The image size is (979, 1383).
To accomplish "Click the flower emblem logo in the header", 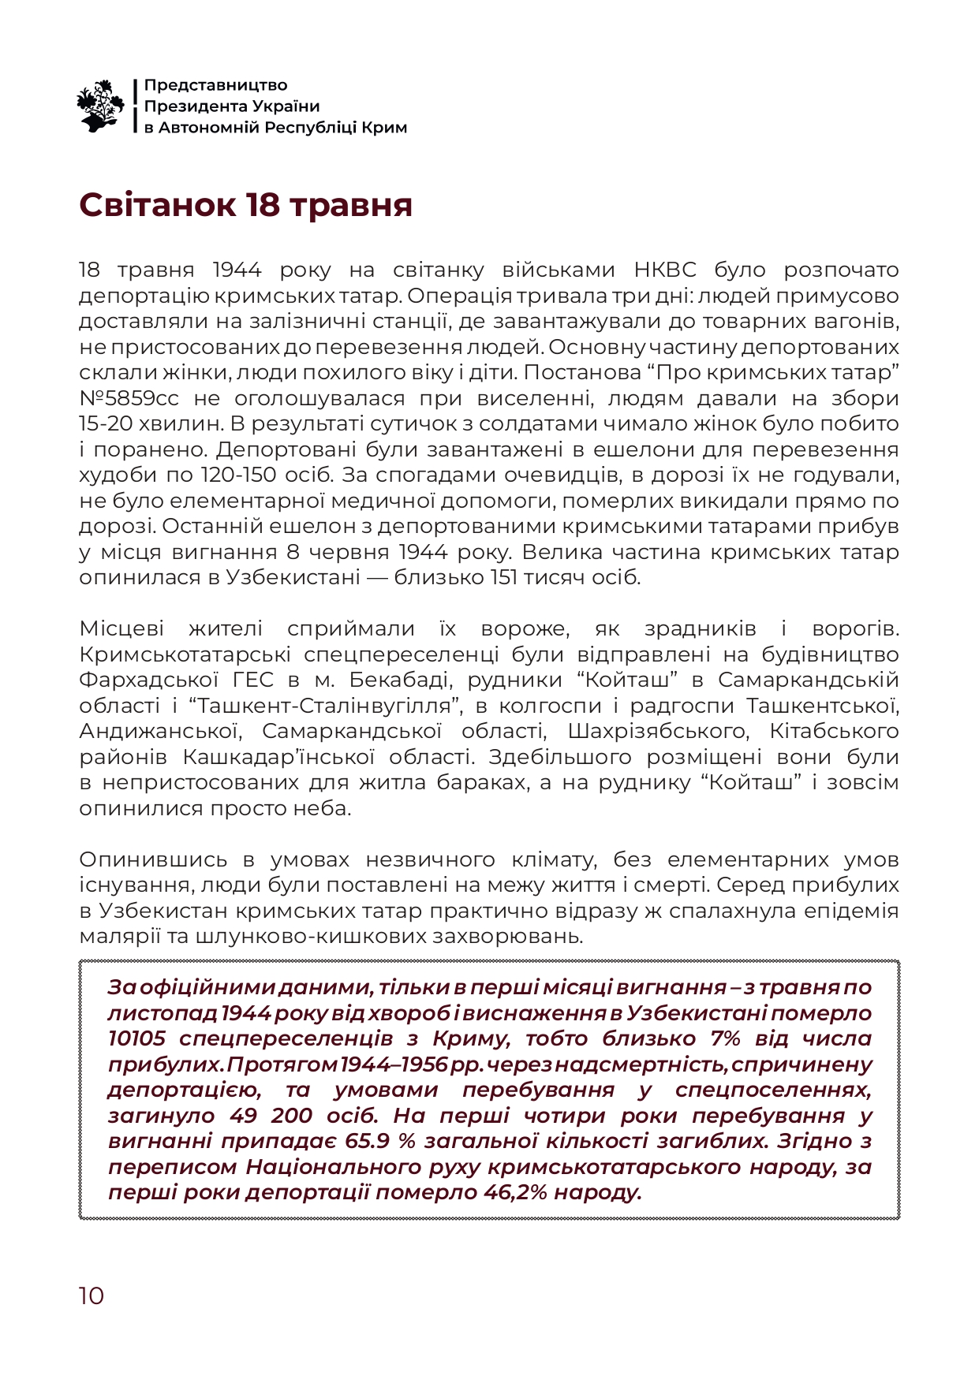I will [100, 106].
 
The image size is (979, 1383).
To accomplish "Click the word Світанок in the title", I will [156, 204].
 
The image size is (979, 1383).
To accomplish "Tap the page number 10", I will [91, 1295].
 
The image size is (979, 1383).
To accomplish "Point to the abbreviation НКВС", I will [665, 270].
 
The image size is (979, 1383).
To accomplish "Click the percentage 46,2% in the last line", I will [515, 1192].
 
